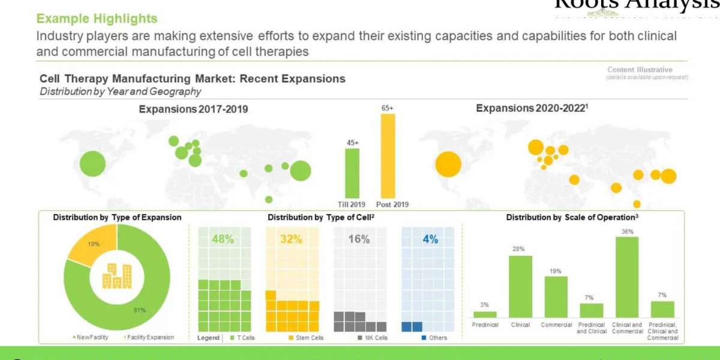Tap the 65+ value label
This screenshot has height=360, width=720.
(x=388, y=108)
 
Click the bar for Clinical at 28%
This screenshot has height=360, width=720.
(x=520, y=286)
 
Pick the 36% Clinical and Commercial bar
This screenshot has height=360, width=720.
(x=627, y=277)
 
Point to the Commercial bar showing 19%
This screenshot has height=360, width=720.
(x=556, y=296)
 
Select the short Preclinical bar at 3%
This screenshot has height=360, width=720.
(x=485, y=314)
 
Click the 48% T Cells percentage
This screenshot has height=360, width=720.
(x=223, y=239)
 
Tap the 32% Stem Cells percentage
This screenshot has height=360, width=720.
(x=291, y=239)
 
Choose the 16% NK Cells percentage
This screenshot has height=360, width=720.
(x=359, y=239)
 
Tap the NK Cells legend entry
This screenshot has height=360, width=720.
(x=373, y=338)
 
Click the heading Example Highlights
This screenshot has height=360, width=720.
(x=97, y=19)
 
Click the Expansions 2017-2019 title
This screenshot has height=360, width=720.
(x=193, y=109)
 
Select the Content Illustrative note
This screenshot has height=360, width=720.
(x=640, y=70)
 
